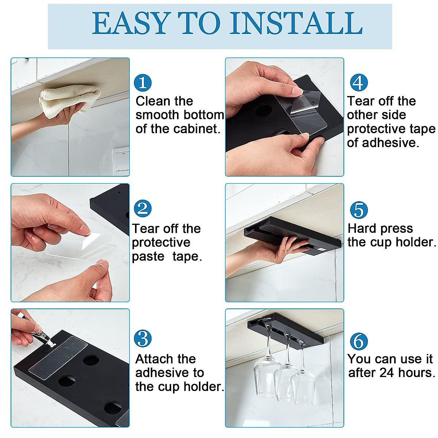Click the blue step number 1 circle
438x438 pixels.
tap(142, 82)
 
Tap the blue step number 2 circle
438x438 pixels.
tap(142, 208)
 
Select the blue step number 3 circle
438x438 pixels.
tap(142, 339)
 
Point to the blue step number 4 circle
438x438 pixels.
tap(359, 82)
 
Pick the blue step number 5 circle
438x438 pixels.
tap(359, 210)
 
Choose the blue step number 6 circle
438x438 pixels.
tap(359, 341)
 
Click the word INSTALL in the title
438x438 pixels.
tap(297, 23)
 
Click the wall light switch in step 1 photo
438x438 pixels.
tap(121, 160)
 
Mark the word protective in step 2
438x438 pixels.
tap(161, 242)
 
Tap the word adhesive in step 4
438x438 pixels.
tap(390, 143)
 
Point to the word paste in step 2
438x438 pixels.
tap(148, 257)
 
